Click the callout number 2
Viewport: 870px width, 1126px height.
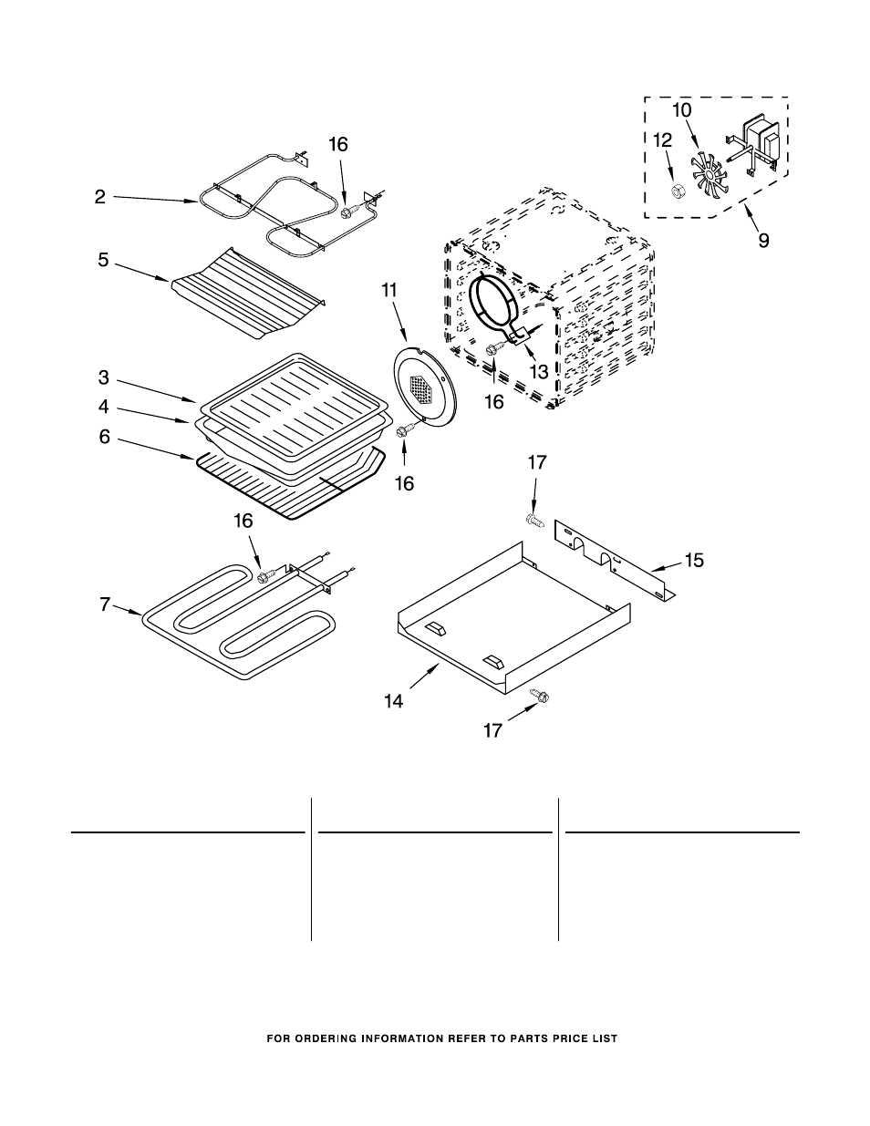(100, 197)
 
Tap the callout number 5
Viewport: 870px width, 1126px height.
(104, 260)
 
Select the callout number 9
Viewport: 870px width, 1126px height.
(763, 241)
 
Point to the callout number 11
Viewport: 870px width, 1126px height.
(389, 290)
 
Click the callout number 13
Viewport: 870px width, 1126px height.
(539, 371)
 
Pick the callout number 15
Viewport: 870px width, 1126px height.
(694, 560)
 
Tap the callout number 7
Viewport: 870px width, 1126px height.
(105, 604)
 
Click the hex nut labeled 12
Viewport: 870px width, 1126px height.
(676, 191)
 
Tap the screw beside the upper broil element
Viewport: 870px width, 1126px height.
(350, 210)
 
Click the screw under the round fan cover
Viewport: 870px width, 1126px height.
(405, 429)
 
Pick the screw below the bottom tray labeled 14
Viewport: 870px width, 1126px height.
(539, 696)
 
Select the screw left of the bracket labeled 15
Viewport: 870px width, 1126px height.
(536, 520)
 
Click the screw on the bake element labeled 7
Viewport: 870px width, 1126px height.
(268, 574)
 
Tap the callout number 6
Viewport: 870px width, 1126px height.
(105, 438)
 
